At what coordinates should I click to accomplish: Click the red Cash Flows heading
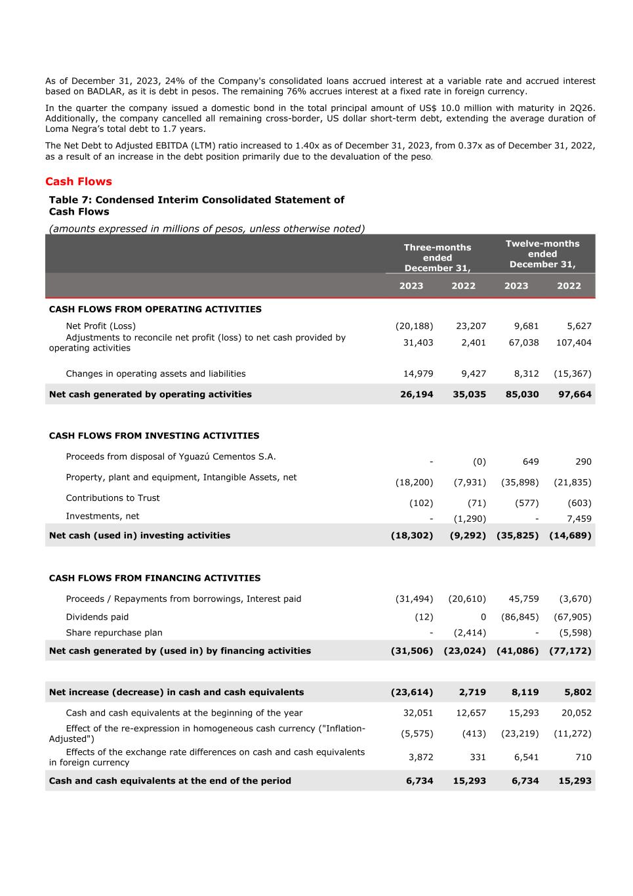[x=78, y=182]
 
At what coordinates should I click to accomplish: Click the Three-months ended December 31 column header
[x=437, y=257]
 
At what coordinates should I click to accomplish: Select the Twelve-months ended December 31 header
[x=542, y=254]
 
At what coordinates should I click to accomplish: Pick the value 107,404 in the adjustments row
[x=573, y=343]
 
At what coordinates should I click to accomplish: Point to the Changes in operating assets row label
[x=155, y=373]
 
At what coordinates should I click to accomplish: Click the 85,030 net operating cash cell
[x=520, y=395]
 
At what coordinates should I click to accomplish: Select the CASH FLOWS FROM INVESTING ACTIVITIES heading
[x=154, y=436]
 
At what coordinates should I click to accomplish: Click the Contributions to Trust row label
[x=112, y=498]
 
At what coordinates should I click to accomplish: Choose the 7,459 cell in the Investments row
[x=579, y=519]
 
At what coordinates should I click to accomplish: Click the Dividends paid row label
[x=97, y=617]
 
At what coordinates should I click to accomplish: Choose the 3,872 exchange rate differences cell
[x=420, y=757]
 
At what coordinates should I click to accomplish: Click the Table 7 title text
[x=196, y=205]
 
